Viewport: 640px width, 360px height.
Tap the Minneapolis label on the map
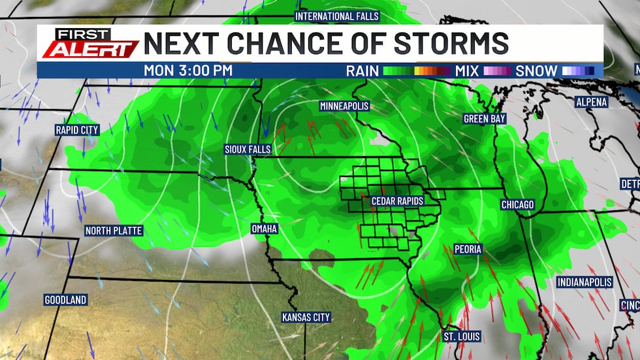344,106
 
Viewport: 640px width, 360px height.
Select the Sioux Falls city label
247,149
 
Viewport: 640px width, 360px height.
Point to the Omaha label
264,229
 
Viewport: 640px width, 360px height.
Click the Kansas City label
306,318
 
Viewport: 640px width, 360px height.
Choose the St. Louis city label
462,337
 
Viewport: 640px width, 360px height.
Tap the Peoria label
468,249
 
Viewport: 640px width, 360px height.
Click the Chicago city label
517,205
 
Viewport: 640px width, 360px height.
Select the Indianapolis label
584,282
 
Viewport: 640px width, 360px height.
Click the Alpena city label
591,102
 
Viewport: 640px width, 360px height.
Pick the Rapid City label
76,130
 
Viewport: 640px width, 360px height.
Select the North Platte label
113,231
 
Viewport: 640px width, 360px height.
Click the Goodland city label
65,300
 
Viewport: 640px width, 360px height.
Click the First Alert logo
89,42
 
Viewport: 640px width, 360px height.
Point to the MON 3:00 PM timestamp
187,71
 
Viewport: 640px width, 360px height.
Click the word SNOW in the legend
537,71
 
